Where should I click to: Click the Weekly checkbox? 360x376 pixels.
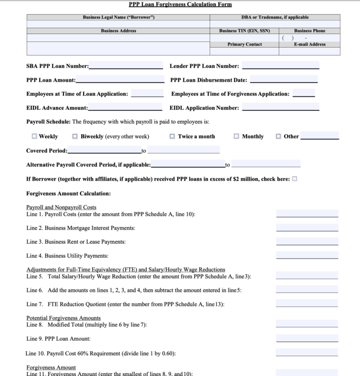34,136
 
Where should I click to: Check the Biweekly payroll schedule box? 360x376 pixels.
75,136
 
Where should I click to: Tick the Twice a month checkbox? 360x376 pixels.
172,136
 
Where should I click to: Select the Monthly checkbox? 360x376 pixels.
237,136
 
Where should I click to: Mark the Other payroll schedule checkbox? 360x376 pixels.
279,136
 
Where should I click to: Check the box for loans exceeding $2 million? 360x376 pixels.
295,179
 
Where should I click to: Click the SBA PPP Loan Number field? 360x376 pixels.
126,65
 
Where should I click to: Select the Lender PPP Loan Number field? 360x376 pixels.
280,65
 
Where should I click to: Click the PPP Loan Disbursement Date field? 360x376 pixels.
284,79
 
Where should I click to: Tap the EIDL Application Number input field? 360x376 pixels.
280,107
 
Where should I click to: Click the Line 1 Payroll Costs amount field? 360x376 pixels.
307,214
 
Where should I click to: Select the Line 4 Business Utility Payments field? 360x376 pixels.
307,255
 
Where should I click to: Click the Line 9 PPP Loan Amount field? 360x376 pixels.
307,338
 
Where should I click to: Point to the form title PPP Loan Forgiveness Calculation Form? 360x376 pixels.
180,4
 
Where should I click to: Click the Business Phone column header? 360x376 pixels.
310,31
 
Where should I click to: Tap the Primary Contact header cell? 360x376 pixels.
244,44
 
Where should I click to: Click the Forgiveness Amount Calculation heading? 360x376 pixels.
68,193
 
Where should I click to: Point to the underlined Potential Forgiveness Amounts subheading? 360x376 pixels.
63,318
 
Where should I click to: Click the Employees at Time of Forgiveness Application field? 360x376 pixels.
303,94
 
